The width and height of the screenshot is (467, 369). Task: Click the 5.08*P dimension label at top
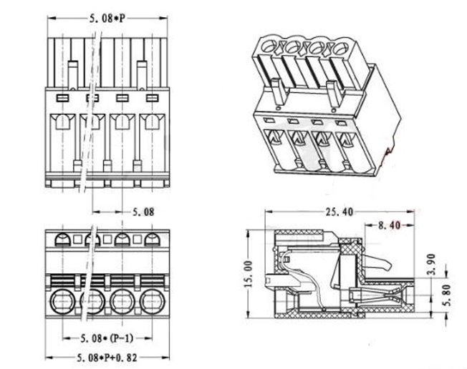(107, 19)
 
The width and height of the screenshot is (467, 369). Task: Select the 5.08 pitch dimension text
(143, 212)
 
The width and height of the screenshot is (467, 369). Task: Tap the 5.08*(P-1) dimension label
(107, 338)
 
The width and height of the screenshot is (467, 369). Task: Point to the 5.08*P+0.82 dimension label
(107, 358)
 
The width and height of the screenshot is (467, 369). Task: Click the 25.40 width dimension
(339, 212)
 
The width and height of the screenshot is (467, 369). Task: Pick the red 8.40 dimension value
(390, 225)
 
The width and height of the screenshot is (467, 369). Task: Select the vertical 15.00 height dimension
(248, 274)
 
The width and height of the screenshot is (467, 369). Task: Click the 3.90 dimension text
(433, 264)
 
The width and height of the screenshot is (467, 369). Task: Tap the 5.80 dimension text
(447, 295)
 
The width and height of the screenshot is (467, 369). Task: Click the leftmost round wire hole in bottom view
(62, 302)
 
